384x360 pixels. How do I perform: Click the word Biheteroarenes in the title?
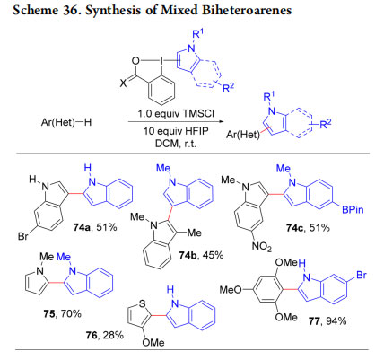[247, 10]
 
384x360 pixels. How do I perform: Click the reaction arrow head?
[221, 122]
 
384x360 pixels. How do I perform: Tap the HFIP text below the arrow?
[196, 131]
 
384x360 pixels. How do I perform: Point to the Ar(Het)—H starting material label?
[66, 122]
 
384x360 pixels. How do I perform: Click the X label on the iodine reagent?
[123, 83]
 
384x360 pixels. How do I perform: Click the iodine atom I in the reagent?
[161, 62]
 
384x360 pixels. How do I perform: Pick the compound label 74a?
[82, 227]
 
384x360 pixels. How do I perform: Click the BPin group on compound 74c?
[353, 209]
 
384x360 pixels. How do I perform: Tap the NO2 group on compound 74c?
[262, 246]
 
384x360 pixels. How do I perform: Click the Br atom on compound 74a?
[22, 236]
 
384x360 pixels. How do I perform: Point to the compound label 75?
[48, 313]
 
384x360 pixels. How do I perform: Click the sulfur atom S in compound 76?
[143, 303]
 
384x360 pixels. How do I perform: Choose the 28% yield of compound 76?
[113, 335]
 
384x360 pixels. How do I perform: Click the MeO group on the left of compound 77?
[231, 289]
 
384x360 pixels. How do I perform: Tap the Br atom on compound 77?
[362, 275]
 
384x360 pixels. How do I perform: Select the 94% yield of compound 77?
[336, 321]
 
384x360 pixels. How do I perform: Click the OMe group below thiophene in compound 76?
[153, 342]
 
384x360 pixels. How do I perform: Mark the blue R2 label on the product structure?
[326, 124]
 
